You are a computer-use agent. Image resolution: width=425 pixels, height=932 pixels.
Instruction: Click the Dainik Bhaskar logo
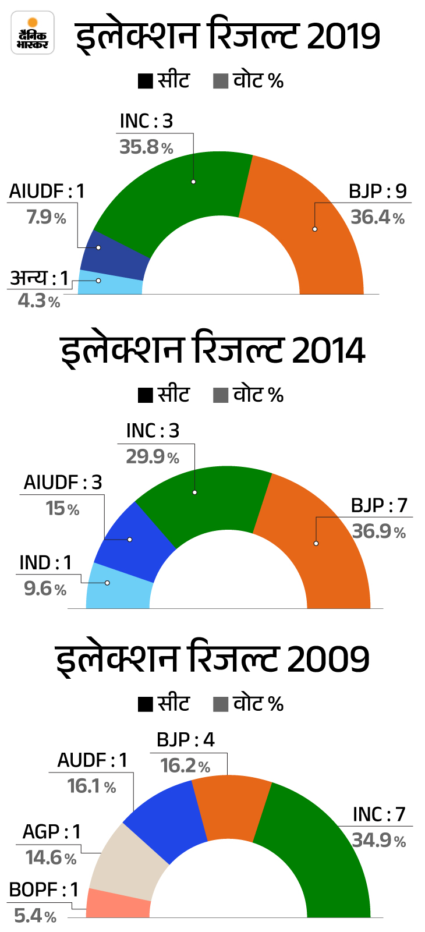[33, 33]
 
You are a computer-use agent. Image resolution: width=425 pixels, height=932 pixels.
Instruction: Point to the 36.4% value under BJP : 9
[377, 218]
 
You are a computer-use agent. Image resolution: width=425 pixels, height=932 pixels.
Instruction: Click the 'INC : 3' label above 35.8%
[146, 121]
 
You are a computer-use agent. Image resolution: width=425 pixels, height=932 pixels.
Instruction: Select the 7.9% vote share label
[46, 218]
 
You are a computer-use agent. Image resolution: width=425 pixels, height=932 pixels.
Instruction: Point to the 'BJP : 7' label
[379, 505]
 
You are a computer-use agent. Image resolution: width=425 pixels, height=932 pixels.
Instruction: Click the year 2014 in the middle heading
[328, 351]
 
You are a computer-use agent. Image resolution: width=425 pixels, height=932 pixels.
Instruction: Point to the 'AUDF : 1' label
[91, 760]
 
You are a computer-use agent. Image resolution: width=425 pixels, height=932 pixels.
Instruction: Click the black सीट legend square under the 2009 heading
[146, 704]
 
